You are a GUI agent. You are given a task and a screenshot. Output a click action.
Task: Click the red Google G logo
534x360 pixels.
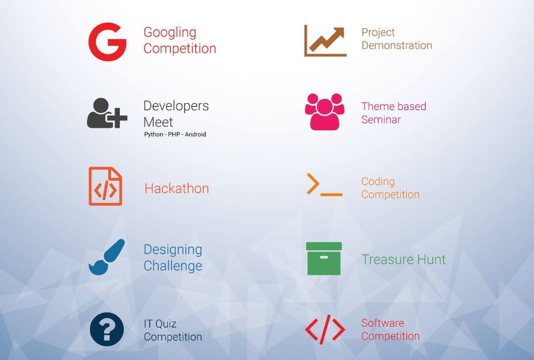[x=107, y=42]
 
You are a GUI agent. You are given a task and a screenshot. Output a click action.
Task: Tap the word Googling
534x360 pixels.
[x=169, y=32]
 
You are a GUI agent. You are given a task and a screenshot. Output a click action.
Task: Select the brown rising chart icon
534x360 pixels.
[x=325, y=41]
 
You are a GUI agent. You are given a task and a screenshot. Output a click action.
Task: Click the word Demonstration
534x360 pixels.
[x=396, y=46]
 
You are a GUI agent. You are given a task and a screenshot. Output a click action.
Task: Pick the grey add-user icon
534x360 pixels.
[x=106, y=113]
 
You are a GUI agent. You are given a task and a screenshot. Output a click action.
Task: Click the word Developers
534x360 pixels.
[x=176, y=106]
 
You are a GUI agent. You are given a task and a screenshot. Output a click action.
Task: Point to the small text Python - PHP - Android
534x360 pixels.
[x=175, y=135]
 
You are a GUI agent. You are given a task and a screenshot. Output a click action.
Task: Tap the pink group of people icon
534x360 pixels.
[x=324, y=112]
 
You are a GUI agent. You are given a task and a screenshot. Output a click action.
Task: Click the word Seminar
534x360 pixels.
[x=381, y=119]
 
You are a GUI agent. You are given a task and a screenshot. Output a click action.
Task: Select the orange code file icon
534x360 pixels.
[x=105, y=186]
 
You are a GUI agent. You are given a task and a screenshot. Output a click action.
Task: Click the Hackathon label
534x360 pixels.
[x=176, y=188]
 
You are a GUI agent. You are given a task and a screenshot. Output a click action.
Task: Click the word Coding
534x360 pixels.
[x=378, y=181]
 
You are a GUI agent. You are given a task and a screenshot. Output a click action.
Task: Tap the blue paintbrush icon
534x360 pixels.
[x=106, y=257]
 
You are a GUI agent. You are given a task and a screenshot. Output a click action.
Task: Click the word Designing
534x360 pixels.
[x=173, y=250]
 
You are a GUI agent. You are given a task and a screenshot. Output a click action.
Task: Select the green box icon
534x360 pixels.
[x=324, y=259]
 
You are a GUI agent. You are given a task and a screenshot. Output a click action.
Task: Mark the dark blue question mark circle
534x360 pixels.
[x=107, y=330]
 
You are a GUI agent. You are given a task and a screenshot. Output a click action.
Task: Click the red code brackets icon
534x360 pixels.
[x=325, y=330]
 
